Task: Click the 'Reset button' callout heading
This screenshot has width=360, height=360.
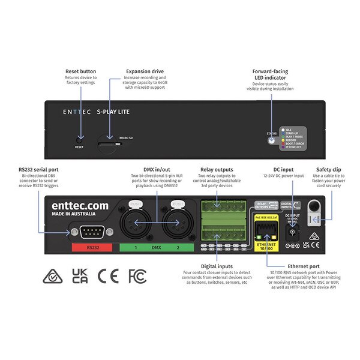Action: tap(80, 71)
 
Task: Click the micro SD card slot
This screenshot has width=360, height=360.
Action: tap(108, 143)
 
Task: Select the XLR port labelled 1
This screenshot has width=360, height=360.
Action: tap(136, 223)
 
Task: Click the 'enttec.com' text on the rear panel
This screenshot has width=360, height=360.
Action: tap(80, 206)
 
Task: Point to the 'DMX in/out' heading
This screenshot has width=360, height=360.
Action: tap(157, 170)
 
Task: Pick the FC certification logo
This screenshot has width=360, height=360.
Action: tap(137, 277)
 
